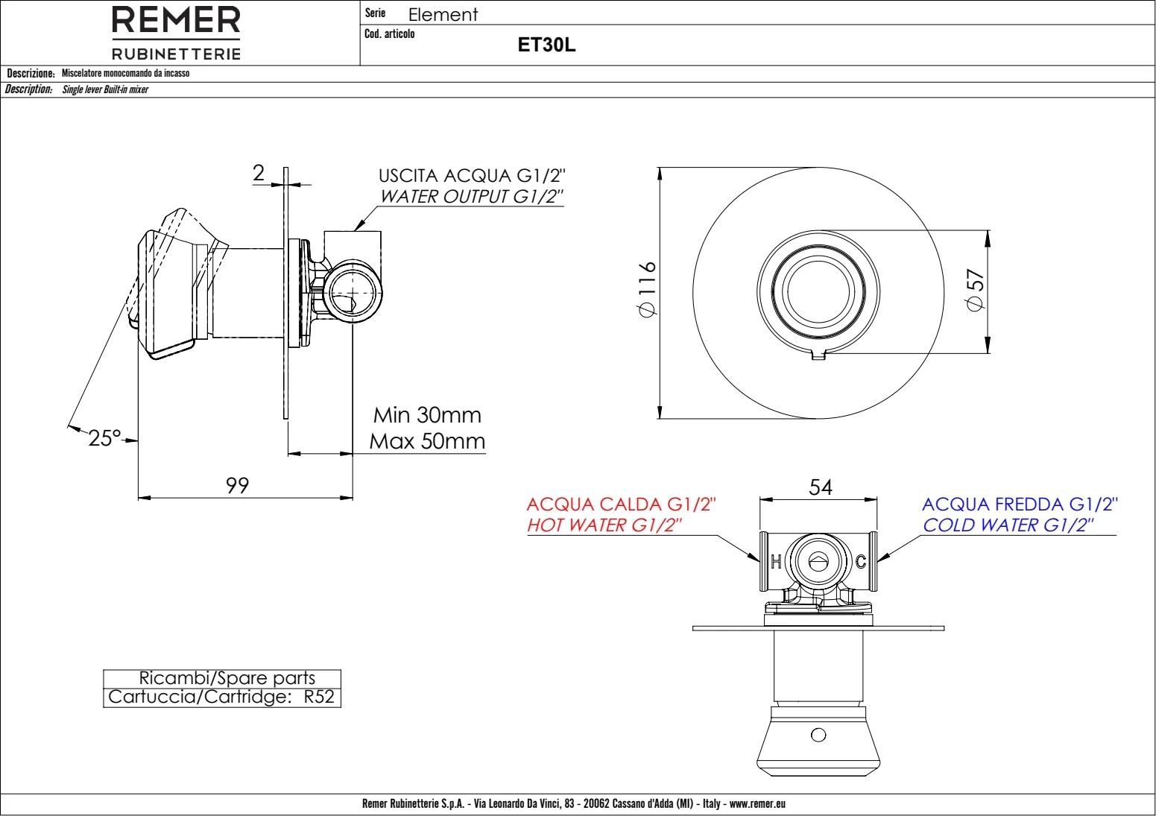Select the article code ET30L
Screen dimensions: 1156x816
[546, 45]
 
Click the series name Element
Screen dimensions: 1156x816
[443, 14]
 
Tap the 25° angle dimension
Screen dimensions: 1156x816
[105, 438]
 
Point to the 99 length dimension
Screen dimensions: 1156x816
[238, 485]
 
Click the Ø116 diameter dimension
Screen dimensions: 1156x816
[647, 289]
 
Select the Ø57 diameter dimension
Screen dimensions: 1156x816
[975, 290]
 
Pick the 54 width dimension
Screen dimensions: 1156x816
[821, 487]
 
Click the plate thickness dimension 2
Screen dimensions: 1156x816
[259, 172]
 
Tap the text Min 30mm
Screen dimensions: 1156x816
[427, 415]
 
